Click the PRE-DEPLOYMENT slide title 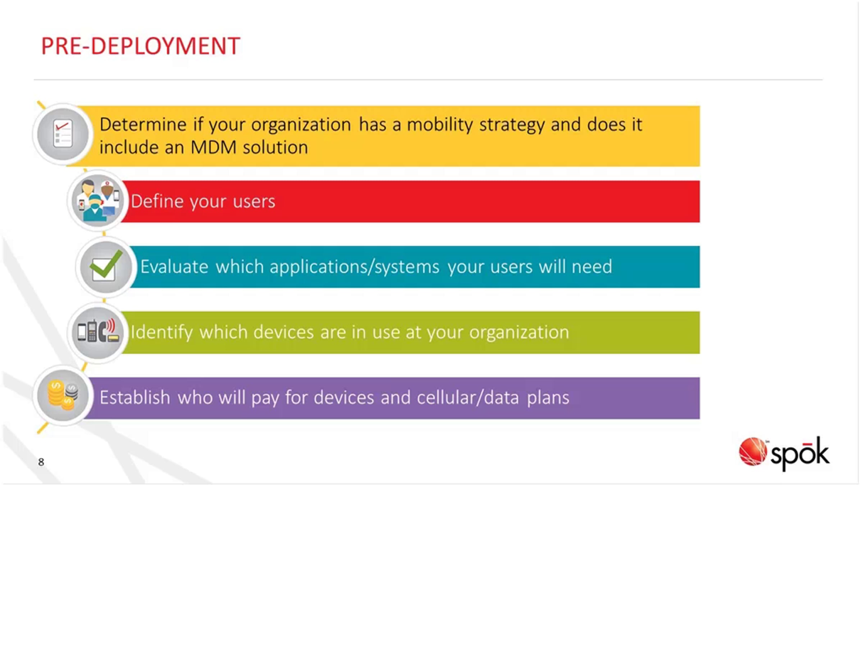(x=141, y=46)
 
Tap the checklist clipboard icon (x=63, y=134)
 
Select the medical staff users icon (x=98, y=201)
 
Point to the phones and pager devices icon (x=98, y=331)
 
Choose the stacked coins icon (x=63, y=395)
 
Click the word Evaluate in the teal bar (x=174, y=267)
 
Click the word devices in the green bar (x=284, y=332)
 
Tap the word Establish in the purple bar (x=135, y=398)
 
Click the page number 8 (x=41, y=462)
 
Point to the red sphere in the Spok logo (x=753, y=451)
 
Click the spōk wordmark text (x=800, y=454)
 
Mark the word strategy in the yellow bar (x=512, y=125)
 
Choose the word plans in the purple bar (x=548, y=398)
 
